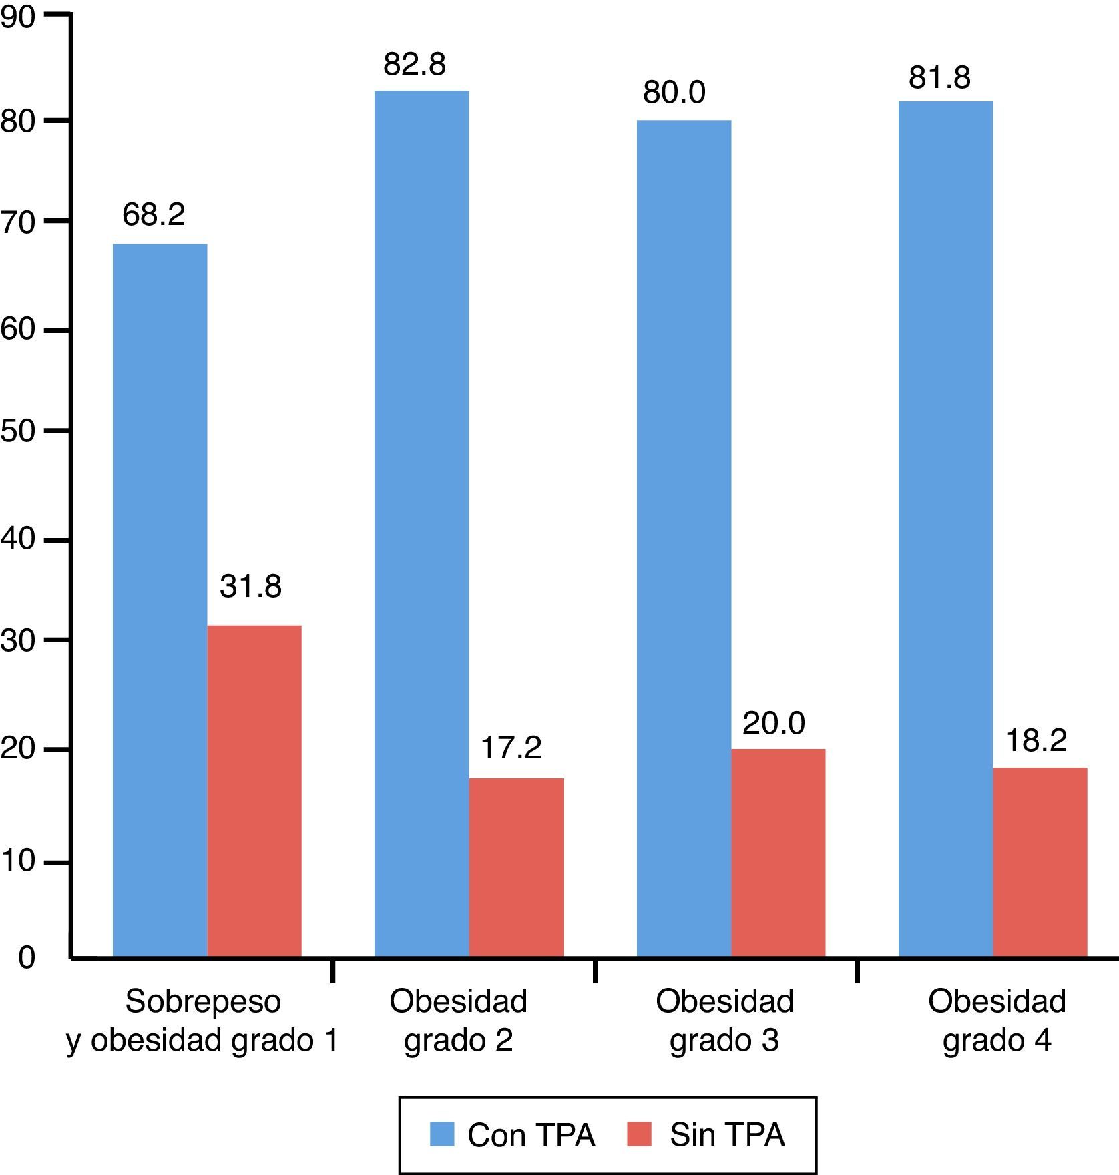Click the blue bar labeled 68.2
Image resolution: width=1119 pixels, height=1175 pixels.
[160, 601]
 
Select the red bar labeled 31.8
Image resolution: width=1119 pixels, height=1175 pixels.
[254, 791]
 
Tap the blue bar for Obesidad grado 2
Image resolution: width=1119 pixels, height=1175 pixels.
[421, 524]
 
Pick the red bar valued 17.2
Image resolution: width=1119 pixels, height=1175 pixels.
[516, 868]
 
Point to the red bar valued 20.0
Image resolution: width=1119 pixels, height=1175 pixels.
[778, 853]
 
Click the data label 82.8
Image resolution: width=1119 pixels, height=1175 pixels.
[415, 65]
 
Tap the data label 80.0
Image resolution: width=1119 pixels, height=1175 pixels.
[674, 93]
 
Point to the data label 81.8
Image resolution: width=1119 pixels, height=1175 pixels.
[939, 78]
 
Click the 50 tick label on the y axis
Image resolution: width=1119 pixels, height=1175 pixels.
[18, 431]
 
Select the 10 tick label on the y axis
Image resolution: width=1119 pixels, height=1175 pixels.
[18, 862]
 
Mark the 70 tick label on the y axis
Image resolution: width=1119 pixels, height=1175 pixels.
[18, 222]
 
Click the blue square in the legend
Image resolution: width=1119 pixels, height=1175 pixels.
[442, 1134]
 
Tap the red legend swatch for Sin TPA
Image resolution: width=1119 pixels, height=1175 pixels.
[639, 1134]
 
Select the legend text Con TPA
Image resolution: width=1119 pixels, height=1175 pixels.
[531, 1135]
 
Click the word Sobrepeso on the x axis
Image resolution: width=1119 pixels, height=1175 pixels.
[203, 1001]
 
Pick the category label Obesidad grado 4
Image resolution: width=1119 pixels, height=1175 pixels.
[997, 1021]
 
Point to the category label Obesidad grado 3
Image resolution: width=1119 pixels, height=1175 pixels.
[724, 1021]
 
